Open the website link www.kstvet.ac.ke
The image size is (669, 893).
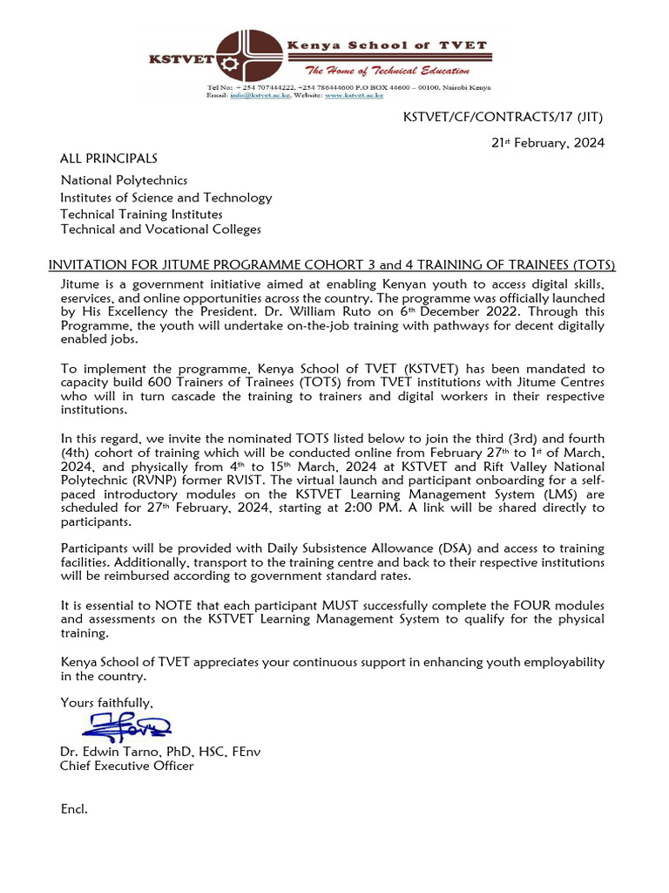point(354,95)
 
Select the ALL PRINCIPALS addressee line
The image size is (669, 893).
point(108,159)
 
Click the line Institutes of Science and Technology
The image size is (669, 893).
point(166,198)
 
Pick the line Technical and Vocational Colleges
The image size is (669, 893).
point(160,229)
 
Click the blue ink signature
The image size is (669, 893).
point(127,726)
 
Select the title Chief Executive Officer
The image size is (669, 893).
point(126,766)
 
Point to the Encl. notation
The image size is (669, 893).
point(74,809)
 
